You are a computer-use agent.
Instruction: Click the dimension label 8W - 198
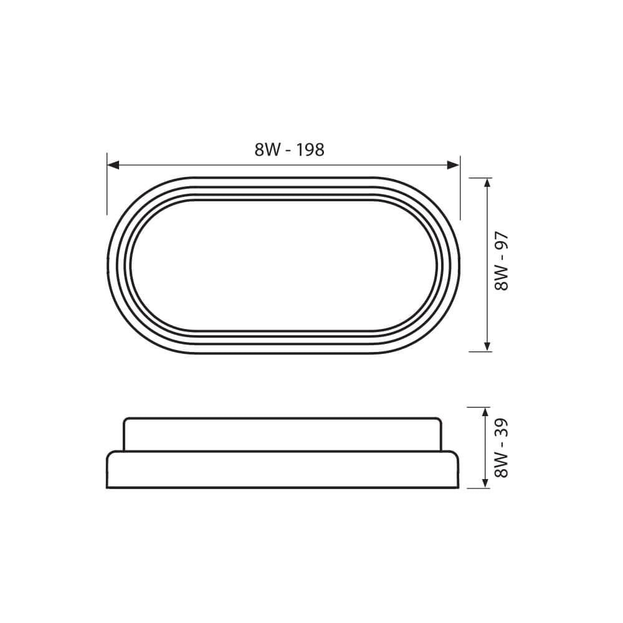tap(289, 150)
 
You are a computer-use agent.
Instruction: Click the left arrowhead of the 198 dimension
tap(113, 165)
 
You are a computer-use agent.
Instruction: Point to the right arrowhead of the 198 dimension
tap(454, 165)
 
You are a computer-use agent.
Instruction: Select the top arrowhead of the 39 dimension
tap(485, 413)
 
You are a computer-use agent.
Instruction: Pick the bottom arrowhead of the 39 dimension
tap(485, 482)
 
